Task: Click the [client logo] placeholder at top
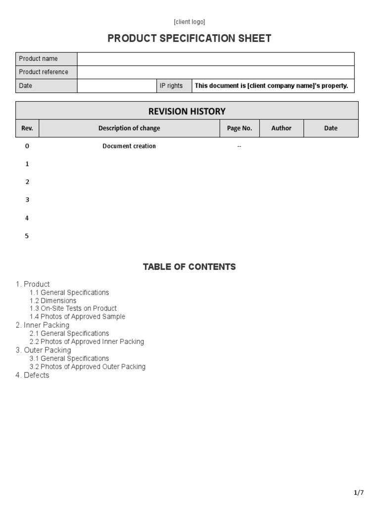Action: pyautogui.click(x=189, y=22)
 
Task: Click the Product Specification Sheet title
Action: pyautogui.click(x=190, y=39)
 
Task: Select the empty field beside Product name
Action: pyautogui.click(x=215, y=59)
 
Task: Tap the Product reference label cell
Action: pyautogui.click(x=46, y=72)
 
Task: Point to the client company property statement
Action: pyautogui.click(x=271, y=85)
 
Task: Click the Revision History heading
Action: pyautogui.click(x=187, y=111)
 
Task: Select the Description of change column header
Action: pyautogui.click(x=129, y=128)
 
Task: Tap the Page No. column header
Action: pyautogui.click(x=239, y=128)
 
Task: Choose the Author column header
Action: pyautogui.click(x=281, y=128)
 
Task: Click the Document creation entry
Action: pyautogui.click(x=129, y=146)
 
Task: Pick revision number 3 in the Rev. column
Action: pyautogui.click(x=27, y=200)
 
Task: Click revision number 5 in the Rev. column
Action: pyautogui.click(x=27, y=236)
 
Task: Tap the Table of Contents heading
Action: pyautogui.click(x=189, y=267)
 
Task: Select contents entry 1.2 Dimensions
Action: pyautogui.click(x=53, y=300)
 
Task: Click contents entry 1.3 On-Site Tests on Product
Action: pyautogui.click(x=73, y=308)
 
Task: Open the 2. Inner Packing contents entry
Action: pyautogui.click(x=43, y=325)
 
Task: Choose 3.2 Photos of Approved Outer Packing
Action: pyautogui.click(x=88, y=367)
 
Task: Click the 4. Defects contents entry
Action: pyautogui.click(x=33, y=375)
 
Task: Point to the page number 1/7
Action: pyautogui.click(x=359, y=493)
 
